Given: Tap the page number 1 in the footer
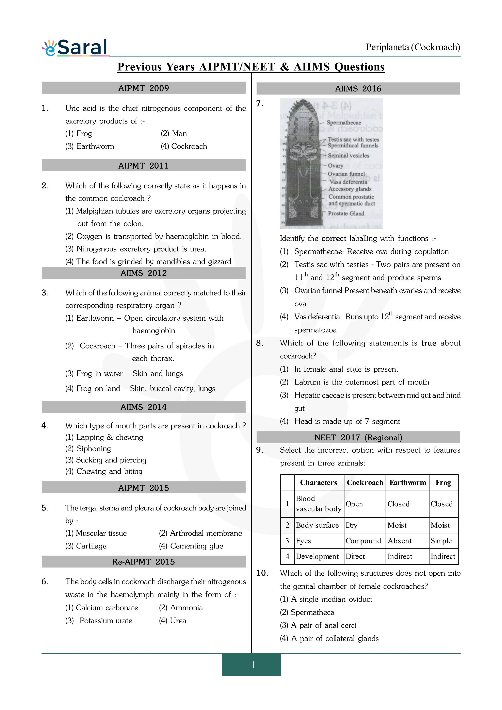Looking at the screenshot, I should click(x=253, y=664).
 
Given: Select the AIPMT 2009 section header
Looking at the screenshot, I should click(x=144, y=88).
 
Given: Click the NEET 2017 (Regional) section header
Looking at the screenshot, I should click(x=358, y=438).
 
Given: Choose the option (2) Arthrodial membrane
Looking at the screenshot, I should click(x=200, y=533).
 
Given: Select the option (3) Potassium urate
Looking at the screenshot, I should click(x=99, y=621).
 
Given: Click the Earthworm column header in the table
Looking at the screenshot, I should click(x=407, y=482).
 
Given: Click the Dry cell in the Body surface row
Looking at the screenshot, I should click(x=352, y=525).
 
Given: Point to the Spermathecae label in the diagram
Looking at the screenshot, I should click(x=344, y=122).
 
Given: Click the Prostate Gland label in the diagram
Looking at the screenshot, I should click(x=346, y=213).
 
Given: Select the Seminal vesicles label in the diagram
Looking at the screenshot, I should click(x=349, y=156).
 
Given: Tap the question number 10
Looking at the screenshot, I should click(x=262, y=573).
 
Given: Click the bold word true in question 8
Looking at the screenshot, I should click(x=429, y=343).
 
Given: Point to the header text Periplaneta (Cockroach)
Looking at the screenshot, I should click(x=413, y=47).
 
